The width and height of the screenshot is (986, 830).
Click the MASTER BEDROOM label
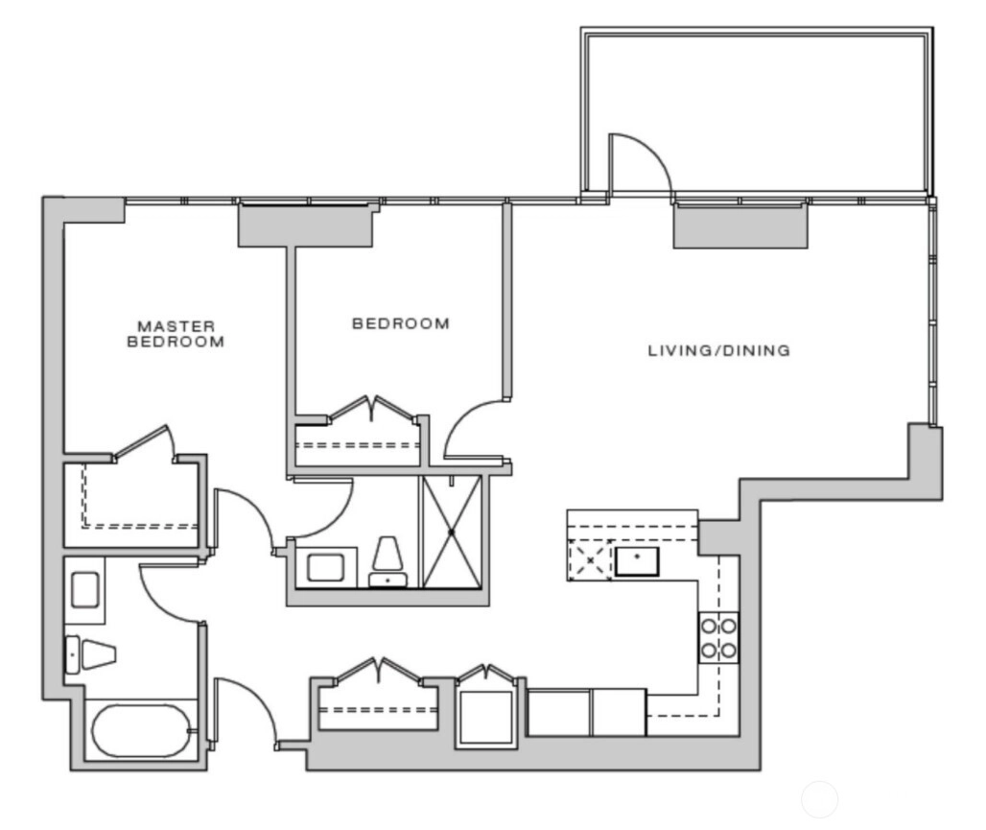click(176, 334)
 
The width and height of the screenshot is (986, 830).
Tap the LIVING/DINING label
click(718, 350)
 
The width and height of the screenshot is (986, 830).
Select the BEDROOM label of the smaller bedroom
click(401, 323)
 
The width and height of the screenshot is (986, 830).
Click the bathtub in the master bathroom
click(141, 730)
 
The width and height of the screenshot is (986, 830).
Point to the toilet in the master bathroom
click(92, 654)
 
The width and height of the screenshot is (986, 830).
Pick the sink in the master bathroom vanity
click(85, 589)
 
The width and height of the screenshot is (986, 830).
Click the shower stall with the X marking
click(452, 533)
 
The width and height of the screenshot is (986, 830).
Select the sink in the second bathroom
click(325, 568)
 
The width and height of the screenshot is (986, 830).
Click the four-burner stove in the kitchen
click(718, 637)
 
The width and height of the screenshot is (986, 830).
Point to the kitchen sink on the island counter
click(637, 561)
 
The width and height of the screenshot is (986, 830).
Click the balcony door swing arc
click(647, 151)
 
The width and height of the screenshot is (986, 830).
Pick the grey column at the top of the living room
click(740, 225)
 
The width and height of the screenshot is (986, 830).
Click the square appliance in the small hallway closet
click(485, 718)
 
